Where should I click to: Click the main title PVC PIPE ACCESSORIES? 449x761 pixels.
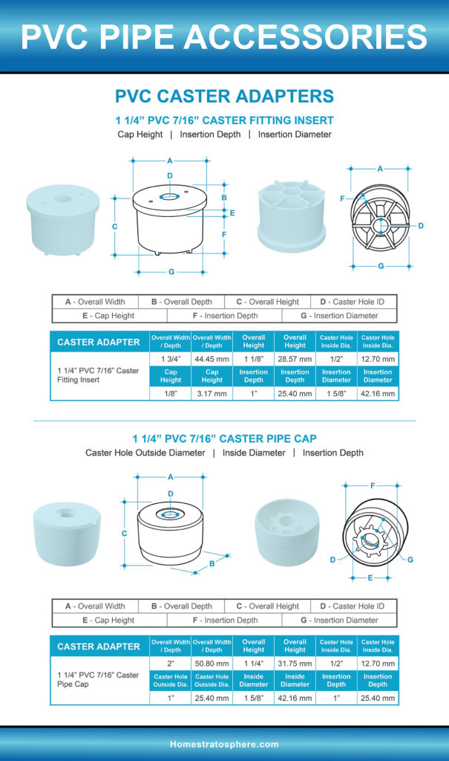(224, 36)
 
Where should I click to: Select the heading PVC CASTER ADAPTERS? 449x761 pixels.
(224, 96)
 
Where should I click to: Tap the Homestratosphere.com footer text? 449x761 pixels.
(224, 744)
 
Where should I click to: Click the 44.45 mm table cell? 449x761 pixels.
(212, 358)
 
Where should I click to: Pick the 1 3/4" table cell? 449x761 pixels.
(171, 358)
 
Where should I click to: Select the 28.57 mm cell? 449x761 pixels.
(295, 358)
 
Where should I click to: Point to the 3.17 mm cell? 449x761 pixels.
(212, 393)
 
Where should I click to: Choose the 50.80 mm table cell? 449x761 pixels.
(212, 662)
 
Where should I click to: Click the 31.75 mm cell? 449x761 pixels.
(295, 662)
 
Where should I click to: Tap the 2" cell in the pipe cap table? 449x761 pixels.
(171, 662)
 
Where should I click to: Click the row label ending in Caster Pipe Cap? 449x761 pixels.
(98, 679)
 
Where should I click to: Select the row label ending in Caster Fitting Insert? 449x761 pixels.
(98, 375)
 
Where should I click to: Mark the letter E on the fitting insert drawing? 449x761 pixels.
(232, 213)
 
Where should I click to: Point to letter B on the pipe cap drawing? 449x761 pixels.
(212, 563)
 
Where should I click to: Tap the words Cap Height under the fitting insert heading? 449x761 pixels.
(140, 135)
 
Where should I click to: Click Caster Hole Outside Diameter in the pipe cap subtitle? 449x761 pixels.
(145, 453)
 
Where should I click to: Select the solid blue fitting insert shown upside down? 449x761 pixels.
(291, 216)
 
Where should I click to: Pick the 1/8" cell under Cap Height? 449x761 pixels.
(171, 393)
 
